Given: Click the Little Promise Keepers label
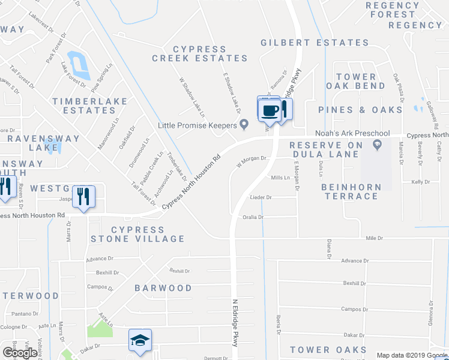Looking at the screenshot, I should [x=197, y=125].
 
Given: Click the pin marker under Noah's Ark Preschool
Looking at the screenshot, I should [x=377, y=145].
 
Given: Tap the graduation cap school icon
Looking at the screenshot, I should [x=140, y=340].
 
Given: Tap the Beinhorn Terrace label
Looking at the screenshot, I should [x=351, y=191].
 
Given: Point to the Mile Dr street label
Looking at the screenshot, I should [x=374, y=238].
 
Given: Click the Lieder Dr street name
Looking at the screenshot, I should [x=261, y=197].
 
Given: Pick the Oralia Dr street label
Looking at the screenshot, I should [x=253, y=217].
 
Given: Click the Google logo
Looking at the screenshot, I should [x=20, y=352].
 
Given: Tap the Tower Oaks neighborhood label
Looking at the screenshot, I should [x=327, y=349].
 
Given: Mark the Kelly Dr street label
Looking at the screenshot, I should [x=420, y=182].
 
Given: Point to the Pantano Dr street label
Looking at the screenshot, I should [x=25, y=314].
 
